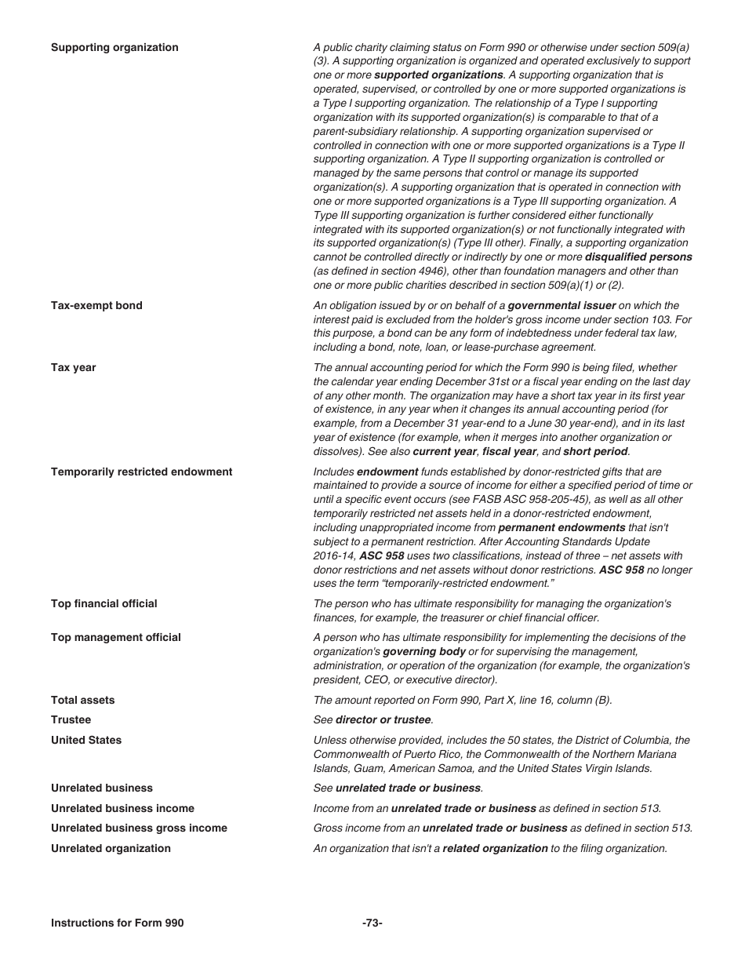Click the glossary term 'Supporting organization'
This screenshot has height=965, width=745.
(x=114, y=48)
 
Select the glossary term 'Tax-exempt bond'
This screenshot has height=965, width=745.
(x=96, y=306)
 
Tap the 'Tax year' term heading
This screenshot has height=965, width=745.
(x=74, y=368)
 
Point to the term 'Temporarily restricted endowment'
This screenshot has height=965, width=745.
(x=141, y=472)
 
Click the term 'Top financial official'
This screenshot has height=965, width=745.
(x=104, y=604)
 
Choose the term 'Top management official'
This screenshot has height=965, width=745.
(x=115, y=638)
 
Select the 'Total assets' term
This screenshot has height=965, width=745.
(x=82, y=701)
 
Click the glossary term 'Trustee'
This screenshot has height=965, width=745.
(x=71, y=720)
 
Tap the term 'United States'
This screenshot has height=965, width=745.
(x=86, y=741)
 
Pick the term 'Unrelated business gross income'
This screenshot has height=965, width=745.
(x=139, y=828)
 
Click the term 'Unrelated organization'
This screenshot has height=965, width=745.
(x=111, y=849)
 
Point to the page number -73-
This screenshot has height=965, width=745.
(x=372, y=923)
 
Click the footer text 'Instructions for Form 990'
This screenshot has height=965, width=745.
(x=117, y=923)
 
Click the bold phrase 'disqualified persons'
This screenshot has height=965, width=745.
(x=638, y=257)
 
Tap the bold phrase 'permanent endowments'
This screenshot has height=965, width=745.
(x=561, y=528)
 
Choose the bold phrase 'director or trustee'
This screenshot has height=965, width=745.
(x=383, y=720)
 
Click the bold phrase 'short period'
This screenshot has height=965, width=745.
(x=595, y=452)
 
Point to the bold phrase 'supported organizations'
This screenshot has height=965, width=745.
(x=438, y=75)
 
